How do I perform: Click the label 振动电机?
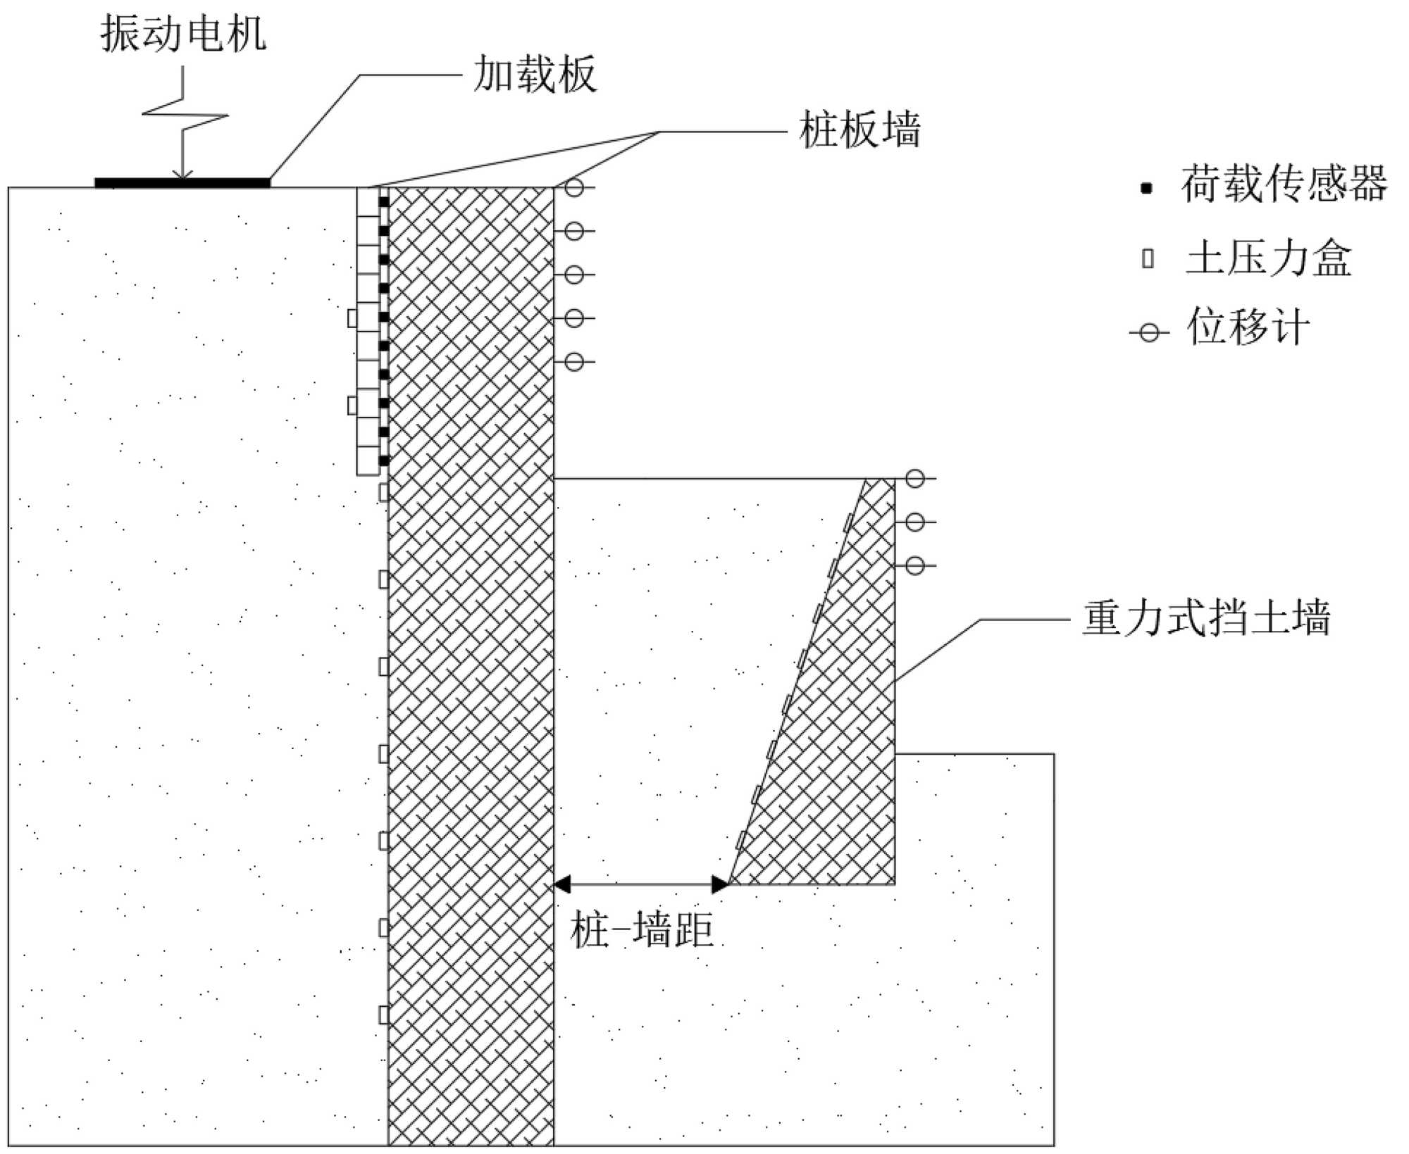183,34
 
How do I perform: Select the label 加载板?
535,75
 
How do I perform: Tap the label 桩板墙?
859,130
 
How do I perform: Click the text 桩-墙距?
642,930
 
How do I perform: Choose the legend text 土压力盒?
1269,258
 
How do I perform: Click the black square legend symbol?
1147,188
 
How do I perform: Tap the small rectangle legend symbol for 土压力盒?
1148,258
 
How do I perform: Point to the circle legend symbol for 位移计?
1149,332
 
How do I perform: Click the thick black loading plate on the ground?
182,183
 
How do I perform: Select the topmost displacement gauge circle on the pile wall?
574,187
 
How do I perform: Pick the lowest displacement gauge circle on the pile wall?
574,362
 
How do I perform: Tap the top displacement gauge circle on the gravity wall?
914,479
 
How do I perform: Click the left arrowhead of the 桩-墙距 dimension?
562,884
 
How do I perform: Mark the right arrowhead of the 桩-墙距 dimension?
720,884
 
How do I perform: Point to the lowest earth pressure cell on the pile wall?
384,1015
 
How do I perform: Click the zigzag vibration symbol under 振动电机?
184,116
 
